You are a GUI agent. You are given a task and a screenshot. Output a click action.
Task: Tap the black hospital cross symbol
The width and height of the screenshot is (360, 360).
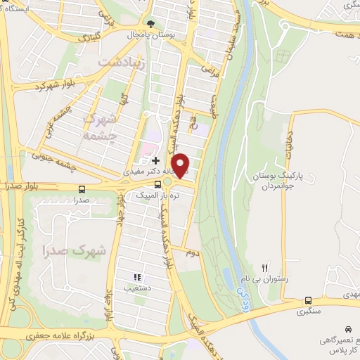coord(155,161)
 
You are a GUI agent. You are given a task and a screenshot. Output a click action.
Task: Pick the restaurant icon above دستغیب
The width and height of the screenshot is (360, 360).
coord(138,277)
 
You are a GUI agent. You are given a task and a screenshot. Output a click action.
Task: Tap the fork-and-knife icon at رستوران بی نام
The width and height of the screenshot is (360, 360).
coord(265,267)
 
